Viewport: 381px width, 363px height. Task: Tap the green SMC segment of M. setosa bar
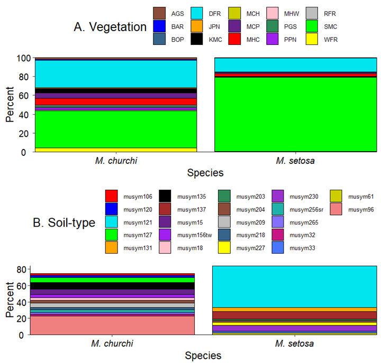(x=295, y=114)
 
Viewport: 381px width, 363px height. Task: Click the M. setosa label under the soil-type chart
(x=294, y=343)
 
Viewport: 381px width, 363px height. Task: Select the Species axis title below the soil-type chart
(x=203, y=356)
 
